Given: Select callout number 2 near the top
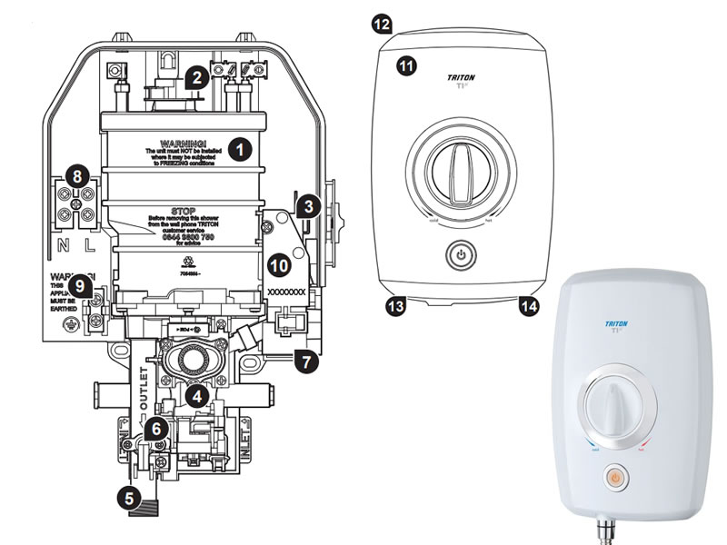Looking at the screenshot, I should tap(194, 78).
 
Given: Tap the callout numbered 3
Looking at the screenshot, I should tap(309, 206).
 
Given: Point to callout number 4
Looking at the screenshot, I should tap(196, 396).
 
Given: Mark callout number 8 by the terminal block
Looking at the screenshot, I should tap(80, 177).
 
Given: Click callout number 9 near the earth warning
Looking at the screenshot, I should tap(82, 286).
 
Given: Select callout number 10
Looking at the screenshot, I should tap(280, 265).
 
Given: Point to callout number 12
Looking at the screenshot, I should tap(383, 24).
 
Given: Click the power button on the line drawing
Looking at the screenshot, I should tap(462, 256).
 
